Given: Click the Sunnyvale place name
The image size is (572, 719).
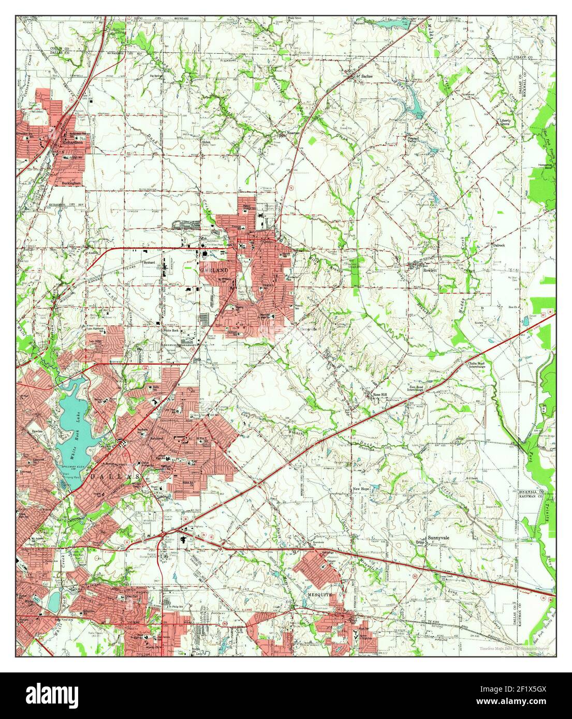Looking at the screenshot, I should point(439,538).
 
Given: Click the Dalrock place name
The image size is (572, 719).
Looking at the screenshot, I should point(499,245).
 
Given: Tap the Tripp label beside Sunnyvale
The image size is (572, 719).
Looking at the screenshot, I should point(420,543).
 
